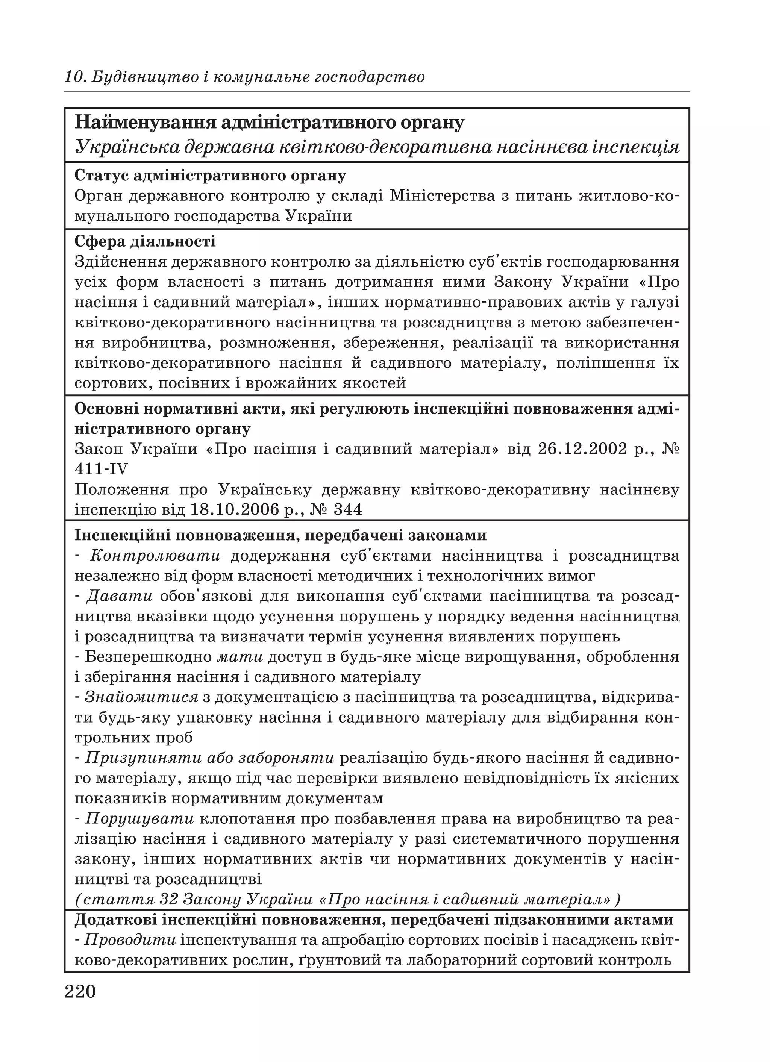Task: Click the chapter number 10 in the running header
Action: tap(74, 77)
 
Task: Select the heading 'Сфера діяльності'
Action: tap(145, 242)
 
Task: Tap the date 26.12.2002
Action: tap(582, 449)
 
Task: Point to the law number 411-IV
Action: tap(101, 469)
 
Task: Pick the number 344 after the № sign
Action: tap(347, 510)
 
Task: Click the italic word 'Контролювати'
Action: tap(155, 556)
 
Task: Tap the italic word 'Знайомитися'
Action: tap(142, 697)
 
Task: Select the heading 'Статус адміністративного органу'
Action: tap(210, 176)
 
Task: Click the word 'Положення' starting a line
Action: tap(122, 490)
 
